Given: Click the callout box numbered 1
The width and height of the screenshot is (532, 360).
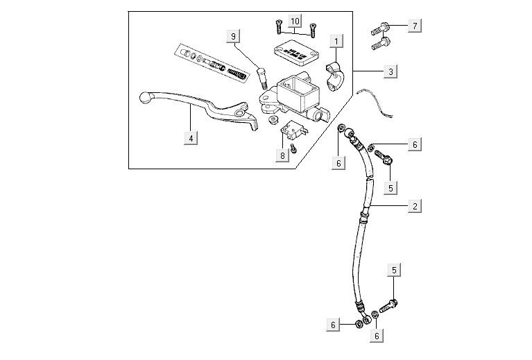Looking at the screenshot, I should tap(336, 42).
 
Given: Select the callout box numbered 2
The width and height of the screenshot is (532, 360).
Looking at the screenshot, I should tap(414, 206).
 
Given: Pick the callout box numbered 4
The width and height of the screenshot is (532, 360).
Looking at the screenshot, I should tap(189, 137).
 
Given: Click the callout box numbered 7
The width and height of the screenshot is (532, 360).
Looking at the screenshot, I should tap(414, 26).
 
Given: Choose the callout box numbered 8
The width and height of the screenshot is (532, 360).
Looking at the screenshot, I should tap(282, 155).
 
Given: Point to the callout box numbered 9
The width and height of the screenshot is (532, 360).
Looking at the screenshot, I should tap(234, 36).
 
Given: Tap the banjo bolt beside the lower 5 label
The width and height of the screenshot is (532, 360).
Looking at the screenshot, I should tap(391, 303).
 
